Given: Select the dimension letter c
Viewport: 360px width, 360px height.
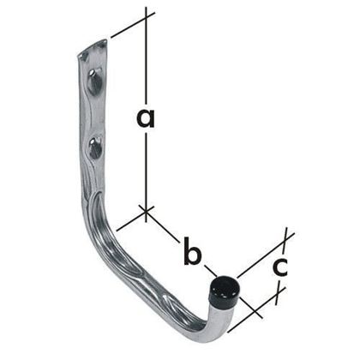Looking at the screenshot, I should (278, 267).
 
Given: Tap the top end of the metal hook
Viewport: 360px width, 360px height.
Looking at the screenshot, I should (92, 49).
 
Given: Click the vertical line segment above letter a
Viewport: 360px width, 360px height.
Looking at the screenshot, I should (147, 60).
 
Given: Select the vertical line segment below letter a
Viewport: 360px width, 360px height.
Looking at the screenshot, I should (147, 171).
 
